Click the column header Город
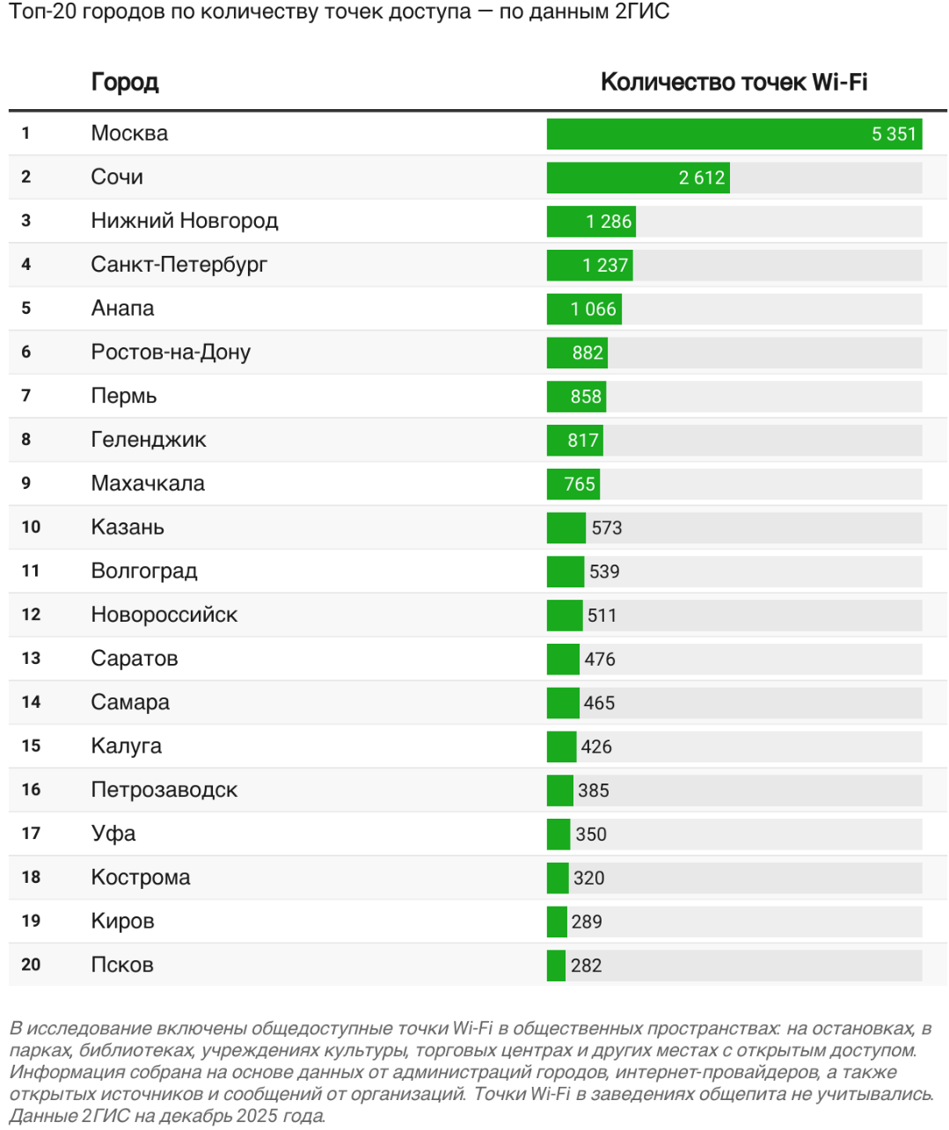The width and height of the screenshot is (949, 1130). pyautogui.click(x=125, y=83)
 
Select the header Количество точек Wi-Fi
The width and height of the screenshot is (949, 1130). pyautogui.click(x=734, y=83)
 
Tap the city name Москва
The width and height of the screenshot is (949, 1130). pyautogui.click(x=129, y=134)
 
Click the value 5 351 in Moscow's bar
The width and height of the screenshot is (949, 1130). pyautogui.click(x=894, y=135)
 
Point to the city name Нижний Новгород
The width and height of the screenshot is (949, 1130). pyautogui.click(x=185, y=221)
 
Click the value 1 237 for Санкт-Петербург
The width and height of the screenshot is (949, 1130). pyautogui.click(x=605, y=266)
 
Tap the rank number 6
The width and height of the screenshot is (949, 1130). pyautogui.click(x=26, y=353)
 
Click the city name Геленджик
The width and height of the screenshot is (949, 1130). pyautogui.click(x=149, y=440)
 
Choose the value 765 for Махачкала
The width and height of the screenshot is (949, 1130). pyautogui.click(x=580, y=485)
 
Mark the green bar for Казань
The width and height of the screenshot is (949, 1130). pyautogui.click(x=566, y=528)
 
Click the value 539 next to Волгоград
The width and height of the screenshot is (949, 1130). pyautogui.click(x=604, y=572)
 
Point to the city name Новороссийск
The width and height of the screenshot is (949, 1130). pyautogui.click(x=164, y=615)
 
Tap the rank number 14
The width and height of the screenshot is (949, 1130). pyautogui.click(x=31, y=702)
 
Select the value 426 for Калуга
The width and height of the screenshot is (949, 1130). pyautogui.click(x=596, y=747)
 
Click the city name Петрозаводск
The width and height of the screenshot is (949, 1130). pyautogui.click(x=164, y=790)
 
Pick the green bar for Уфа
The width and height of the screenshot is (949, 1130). pyautogui.click(x=558, y=834)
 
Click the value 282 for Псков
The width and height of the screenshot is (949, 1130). pyautogui.click(x=586, y=966)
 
